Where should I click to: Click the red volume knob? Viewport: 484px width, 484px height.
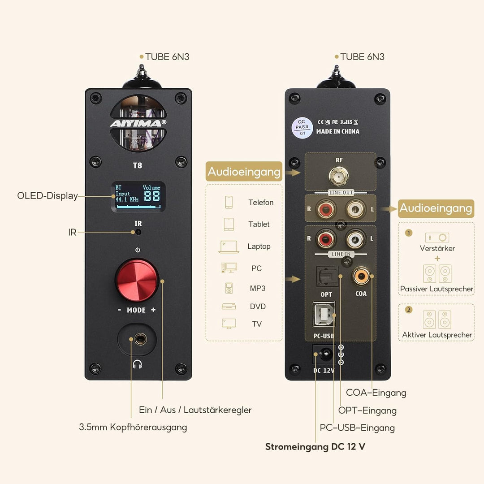click(137, 280)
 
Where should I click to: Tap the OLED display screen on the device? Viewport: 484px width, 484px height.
click(138, 197)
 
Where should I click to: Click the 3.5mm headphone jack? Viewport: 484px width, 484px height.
click(140, 339)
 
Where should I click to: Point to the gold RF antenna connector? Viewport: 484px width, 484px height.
click(339, 176)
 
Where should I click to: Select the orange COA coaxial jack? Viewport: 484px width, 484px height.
click(361, 276)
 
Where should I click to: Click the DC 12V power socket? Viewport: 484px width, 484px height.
click(324, 354)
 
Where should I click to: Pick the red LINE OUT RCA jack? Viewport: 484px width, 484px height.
click(326, 209)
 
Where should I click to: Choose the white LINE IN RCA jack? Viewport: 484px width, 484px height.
click(355, 238)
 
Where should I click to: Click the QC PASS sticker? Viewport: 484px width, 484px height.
click(302, 127)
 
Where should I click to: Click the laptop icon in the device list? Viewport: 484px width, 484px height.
click(229, 246)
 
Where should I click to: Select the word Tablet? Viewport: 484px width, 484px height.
click(259, 224)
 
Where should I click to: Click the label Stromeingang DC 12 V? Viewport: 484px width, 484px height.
click(315, 447)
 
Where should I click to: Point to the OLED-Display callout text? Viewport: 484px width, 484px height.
click(47, 196)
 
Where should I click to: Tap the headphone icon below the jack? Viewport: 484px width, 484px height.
click(138, 364)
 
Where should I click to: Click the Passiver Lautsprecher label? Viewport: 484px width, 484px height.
click(436, 289)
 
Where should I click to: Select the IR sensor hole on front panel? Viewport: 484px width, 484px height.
click(138, 232)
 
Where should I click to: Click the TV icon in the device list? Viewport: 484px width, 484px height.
click(229, 324)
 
